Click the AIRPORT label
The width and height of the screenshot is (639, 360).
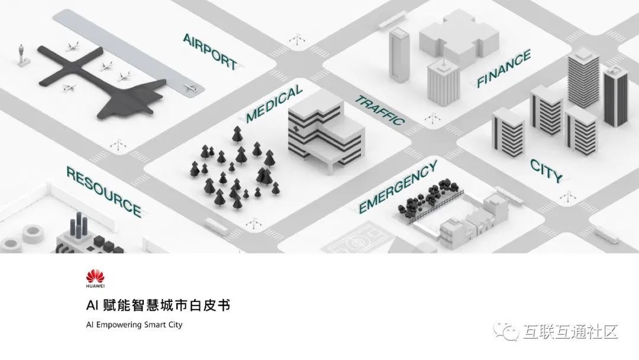[209, 51]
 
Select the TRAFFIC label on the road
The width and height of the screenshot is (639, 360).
[379, 110]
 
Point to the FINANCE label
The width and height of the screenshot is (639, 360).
[504, 69]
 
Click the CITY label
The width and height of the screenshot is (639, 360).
[546, 171]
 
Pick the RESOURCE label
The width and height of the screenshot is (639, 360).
[104, 191]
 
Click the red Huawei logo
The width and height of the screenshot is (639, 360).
[95, 276]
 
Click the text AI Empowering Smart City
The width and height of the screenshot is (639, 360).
[134, 324]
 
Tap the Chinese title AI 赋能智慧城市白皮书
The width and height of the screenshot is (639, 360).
[157, 306]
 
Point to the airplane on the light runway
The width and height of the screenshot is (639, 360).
[190, 89]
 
